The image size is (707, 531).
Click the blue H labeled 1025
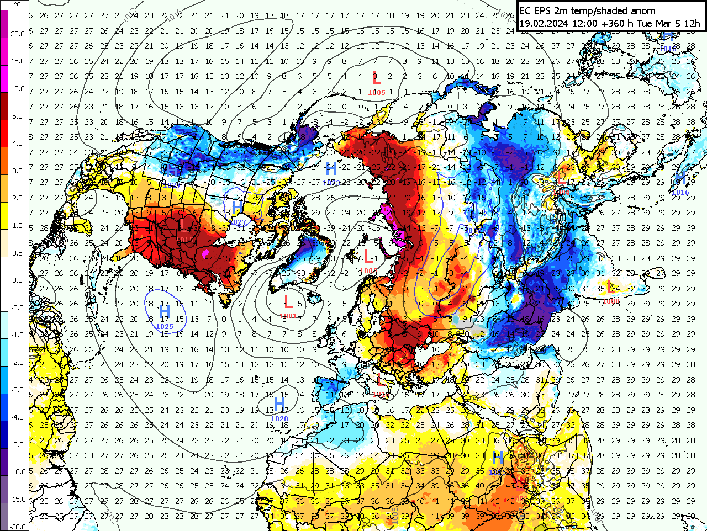(164, 313)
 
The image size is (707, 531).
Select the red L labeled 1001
(287, 302)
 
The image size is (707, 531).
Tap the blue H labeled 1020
(279, 405)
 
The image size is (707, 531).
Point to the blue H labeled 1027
(237, 208)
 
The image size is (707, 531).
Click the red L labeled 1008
(610, 287)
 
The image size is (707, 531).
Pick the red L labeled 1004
(561, 178)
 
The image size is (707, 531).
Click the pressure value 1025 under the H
(165, 327)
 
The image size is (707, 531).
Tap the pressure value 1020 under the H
(279, 419)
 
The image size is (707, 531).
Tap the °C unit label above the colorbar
(18, 5)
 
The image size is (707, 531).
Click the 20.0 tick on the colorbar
(18, 34)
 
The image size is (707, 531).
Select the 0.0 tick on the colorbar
(18, 280)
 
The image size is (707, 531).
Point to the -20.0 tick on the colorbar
(18, 526)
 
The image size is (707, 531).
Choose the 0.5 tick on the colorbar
(18, 253)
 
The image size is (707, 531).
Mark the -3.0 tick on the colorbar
(18, 390)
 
